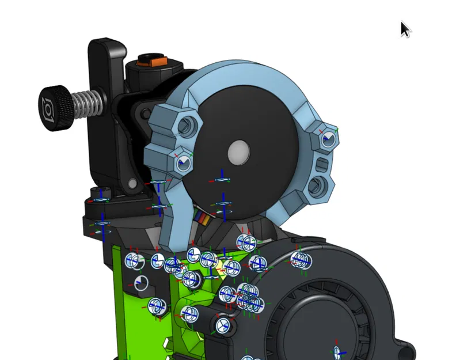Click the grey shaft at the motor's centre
click(238, 152)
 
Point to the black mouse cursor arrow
click(405, 29)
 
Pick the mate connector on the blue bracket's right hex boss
click(328, 139)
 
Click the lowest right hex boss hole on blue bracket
click(316, 186)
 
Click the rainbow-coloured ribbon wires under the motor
click(202, 217)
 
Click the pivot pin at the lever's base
click(133, 184)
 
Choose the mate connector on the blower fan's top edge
click(299, 260)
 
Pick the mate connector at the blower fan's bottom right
click(339, 352)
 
